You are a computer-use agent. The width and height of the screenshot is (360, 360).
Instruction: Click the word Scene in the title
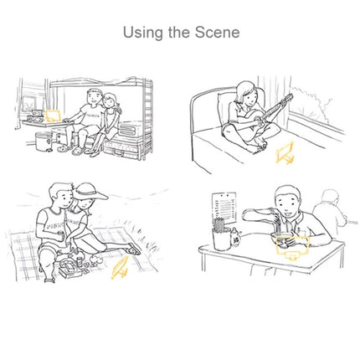tap(217, 32)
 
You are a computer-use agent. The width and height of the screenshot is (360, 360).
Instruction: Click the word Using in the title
tap(142, 33)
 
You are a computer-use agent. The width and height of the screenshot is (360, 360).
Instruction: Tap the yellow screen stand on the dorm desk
tap(53, 116)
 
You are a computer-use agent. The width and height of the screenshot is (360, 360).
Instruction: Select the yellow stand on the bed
tap(285, 153)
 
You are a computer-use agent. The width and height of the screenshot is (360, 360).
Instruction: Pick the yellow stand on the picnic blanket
tap(120, 268)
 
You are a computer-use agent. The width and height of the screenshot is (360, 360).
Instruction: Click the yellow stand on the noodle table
tap(292, 247)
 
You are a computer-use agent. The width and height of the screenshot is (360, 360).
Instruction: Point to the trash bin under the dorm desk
tap(44, 141)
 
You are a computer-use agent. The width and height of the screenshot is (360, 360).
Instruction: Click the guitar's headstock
tap(288, 98)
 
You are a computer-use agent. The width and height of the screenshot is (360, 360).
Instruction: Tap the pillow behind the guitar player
tap(226, 107)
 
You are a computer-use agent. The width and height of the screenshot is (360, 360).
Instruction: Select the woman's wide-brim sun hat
tap(90, 193)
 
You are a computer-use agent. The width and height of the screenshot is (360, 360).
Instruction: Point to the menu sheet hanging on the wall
tap(224, 208)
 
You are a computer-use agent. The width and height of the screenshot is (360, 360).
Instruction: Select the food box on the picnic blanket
tap(69, 268)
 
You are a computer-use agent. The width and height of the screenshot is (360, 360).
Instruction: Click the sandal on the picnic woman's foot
tap(134, 249)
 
